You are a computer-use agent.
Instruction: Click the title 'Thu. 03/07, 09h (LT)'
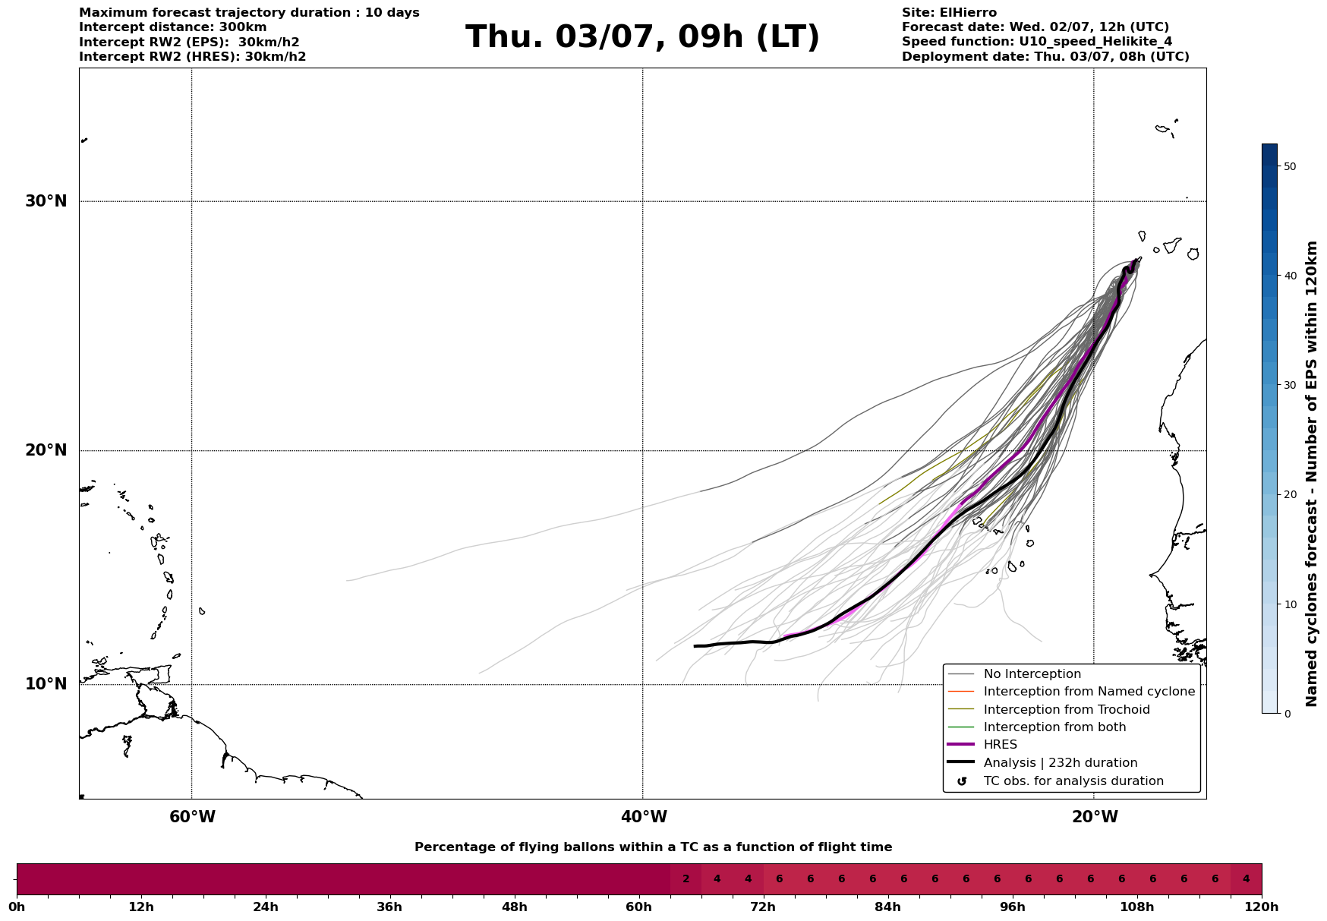pyautogui.click(x=642, y=37)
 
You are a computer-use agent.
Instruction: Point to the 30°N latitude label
pyautogui.click(x=46, y=201)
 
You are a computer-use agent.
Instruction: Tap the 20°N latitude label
pyautogui.click(x=46, y=450)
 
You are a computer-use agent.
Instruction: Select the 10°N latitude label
pyautogui.click(x=46, y=684)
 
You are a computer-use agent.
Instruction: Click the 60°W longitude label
pyautogui.click(x=192, y=817)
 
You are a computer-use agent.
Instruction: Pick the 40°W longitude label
pyautogui.click(x=644, y=817)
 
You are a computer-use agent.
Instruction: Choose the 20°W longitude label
pyautogui.click(x=1095, y=817)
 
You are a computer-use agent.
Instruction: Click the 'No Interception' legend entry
pyautogui.click(x=1032, y=674)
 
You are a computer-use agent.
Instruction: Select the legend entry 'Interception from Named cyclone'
pyautogui.click(x=1089, y=692)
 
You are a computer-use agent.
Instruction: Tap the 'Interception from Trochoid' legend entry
pyautogui.click(x=1066, y=710)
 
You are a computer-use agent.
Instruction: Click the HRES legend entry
pyautogui.click(x=1000, y=745)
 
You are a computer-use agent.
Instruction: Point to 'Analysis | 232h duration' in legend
pyautogui.click(x=1060, y=763)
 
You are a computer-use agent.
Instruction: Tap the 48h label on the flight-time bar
pyautogui.click(x=514, y=907)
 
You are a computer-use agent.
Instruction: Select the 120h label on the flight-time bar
pyautogui.click(x=1262, y=907)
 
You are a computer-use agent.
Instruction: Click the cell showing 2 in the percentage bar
pyautogui.click(x=686, y=879)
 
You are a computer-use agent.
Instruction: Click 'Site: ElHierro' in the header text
pyautogui.click(x=949, y=13)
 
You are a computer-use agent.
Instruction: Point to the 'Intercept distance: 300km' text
pyautogui.click(x=173, y=27)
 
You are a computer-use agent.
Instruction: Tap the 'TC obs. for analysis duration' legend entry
pyautogui.click(x=1073, y=781)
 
